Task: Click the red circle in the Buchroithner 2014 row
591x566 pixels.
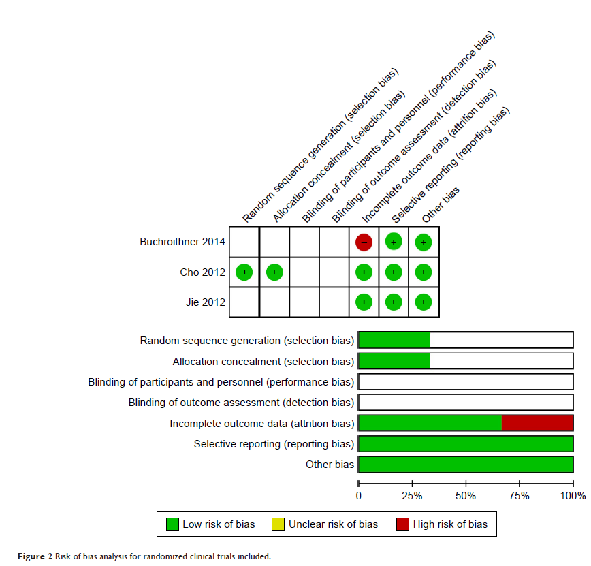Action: point(364,242)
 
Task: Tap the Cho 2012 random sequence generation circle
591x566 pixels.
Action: point(244,272)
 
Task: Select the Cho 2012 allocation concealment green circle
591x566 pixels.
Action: point(274,272)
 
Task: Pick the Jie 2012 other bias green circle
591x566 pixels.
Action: point(424,302)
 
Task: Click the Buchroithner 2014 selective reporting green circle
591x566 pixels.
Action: point(394,242)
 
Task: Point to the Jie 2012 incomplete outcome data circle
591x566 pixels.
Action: point(364,302)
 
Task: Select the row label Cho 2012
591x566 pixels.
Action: point(203,272)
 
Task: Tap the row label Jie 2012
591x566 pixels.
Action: point(205,302)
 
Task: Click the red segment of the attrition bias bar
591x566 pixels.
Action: point(537,423)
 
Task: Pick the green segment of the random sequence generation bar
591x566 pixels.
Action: point(394,341)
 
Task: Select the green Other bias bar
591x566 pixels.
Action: point(466,465)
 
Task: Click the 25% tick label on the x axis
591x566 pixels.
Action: point(412,495)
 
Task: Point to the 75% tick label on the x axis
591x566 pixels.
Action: point(520,495)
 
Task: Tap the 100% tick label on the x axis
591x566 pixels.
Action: point(572,495)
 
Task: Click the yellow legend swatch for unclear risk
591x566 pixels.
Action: point(278,524)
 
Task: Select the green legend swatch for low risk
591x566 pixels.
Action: point(172,524)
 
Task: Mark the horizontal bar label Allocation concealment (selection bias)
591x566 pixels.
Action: point(263,361)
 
